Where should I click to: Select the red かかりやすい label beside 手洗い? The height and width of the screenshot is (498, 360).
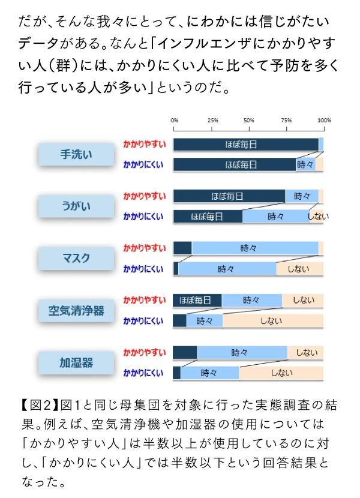pos(145,145)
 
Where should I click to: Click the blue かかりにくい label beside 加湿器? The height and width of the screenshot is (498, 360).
pos(143,373)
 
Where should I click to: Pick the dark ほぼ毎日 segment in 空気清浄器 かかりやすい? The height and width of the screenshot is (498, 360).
pos(197,300)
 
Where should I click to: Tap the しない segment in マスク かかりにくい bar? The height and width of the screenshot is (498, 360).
pos(299,269)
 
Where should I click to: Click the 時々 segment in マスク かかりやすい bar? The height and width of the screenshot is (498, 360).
pos(248,248)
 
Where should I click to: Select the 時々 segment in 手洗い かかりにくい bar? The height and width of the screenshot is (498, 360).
pos(305,164)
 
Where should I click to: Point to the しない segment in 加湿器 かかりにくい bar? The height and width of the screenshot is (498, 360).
pos(281,373)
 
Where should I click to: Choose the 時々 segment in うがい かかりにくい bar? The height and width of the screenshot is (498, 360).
pos(276,217)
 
